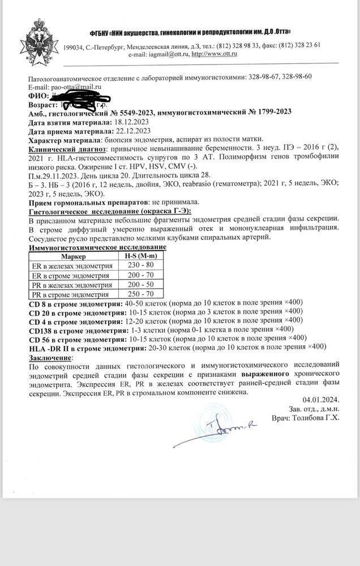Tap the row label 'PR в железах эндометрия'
[72, 285]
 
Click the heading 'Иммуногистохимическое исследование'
[97, 247]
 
